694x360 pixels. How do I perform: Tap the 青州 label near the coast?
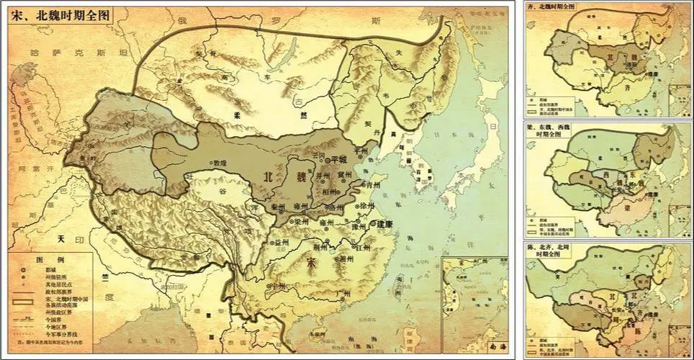point(371,184)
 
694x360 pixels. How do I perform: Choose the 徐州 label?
point(368,205)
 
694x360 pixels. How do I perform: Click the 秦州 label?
point(279,207)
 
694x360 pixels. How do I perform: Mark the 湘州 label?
point(345,257)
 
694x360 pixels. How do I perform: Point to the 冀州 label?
point(346,174)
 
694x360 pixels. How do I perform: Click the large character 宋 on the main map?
point(310,262)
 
